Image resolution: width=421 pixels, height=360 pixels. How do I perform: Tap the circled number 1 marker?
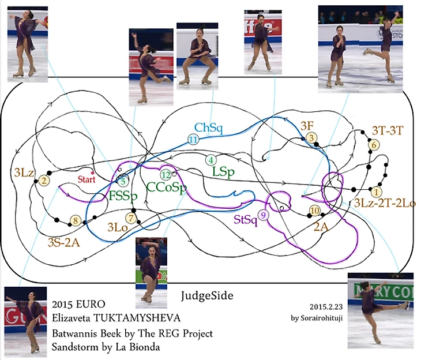pos(377,190)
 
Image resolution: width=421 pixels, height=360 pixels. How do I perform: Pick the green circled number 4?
pos(211,159)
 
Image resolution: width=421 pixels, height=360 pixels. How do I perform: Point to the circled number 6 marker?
pos(374,145)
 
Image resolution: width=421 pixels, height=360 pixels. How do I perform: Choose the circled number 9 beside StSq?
pos(264,215)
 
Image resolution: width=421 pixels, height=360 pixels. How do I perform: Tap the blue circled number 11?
pos(193,139)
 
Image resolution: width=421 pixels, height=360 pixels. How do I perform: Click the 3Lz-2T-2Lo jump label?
pos(385,202)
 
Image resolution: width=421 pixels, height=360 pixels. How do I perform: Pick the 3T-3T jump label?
pos(382,131)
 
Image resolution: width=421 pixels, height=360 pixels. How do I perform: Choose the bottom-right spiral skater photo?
pos(381,312)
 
